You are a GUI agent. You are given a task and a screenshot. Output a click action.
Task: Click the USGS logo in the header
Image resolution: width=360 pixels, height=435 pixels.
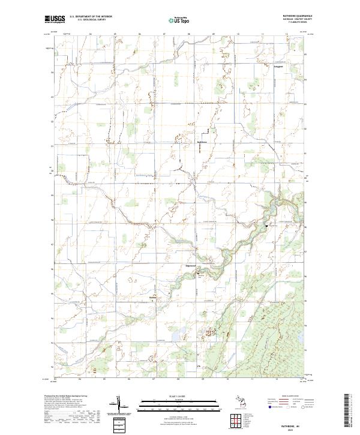coord(55,20)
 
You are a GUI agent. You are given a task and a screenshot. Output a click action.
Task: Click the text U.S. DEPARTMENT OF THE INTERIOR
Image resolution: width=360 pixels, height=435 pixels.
coord(91,17)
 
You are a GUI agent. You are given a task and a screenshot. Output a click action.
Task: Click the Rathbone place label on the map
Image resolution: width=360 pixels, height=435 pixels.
coord(202,142)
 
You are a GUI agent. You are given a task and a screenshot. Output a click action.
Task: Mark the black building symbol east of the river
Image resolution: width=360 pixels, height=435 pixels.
coord(266,226)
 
